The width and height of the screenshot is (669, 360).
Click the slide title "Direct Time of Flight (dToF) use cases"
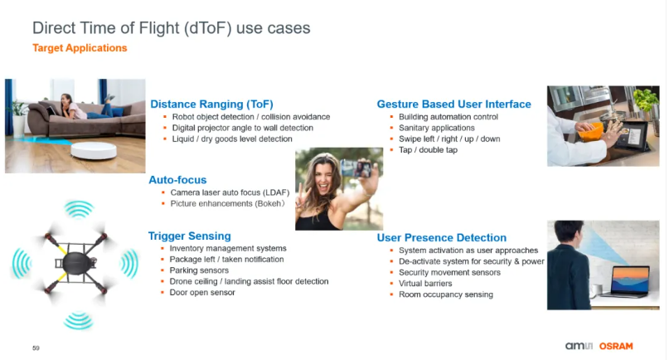click(172, 28)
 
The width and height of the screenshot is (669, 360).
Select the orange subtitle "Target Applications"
click(80, 48)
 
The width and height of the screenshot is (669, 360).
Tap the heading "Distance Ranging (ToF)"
click(211, 105)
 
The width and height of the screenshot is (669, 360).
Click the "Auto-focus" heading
click(177, 180)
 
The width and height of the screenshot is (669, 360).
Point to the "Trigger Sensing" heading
click(190, 236)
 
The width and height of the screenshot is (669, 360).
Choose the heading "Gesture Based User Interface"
click(454, 105)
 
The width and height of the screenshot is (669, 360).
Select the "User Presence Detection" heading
click(442, 237)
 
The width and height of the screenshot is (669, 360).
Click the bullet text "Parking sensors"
click(199, 270)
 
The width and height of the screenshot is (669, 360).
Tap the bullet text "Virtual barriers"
click(425, 284)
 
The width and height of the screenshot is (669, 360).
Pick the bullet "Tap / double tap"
click(428, 150)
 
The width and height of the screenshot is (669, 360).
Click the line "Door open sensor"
click(202, 293)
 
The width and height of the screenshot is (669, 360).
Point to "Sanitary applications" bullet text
click(437, 128)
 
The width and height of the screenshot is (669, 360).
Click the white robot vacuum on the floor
click(94, 151)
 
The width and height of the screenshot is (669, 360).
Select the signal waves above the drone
click(79, 209)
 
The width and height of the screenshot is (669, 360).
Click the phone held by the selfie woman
click(356, 168)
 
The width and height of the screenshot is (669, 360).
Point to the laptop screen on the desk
click(631, 280)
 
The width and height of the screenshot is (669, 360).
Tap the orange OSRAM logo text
click(616, 346)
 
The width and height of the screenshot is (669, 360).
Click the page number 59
click(36, 348)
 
